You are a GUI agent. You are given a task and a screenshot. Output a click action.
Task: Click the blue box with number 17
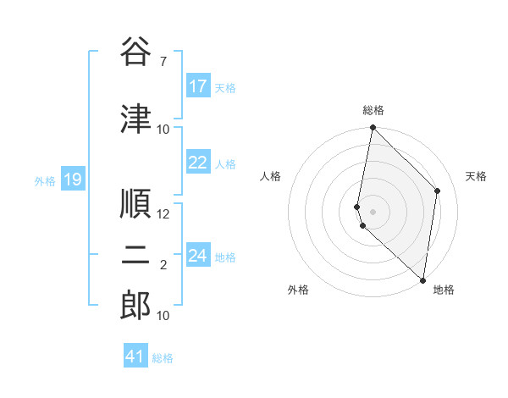pyautogui.click(x=198, y=86)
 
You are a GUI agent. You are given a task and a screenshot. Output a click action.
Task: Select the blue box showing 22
pyautogui.click(x=198, y=163)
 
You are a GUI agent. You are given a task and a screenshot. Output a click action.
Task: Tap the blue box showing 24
pyautogui.click(x=198, y=256)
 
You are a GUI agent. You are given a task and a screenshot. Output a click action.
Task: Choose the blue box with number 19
pyautogui.click(x=72, y=180)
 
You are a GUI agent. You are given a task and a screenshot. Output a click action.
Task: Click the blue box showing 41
pyautogui.click(x=135, y=357)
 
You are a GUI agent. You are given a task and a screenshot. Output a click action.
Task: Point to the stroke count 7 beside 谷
pyautogui.click(x=163, y=61)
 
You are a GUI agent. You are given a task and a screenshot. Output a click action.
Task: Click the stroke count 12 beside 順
pyautogui.click(x=163, y=214)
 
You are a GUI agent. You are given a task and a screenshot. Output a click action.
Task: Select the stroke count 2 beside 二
pyautogui.click(x=163, y=265)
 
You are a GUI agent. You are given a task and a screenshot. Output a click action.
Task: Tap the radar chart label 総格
pyautogui.click(x=373, y=110)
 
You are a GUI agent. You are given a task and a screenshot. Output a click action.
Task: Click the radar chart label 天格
pyautogui.click(x=476, y=176)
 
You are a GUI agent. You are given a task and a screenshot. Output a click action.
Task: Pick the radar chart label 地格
pyautogui.click(x=444, y=290)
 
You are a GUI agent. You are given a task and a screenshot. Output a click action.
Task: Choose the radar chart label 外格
pyautogui.click(x=298, y=290)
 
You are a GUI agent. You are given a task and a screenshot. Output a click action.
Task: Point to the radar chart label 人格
pyautogui.click(x=270, y=176)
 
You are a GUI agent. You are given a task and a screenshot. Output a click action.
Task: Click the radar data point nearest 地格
pyautogui.click(x=422, y=280)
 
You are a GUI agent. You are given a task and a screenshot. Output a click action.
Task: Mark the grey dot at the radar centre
pyautogui.click(x=373, y=211)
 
